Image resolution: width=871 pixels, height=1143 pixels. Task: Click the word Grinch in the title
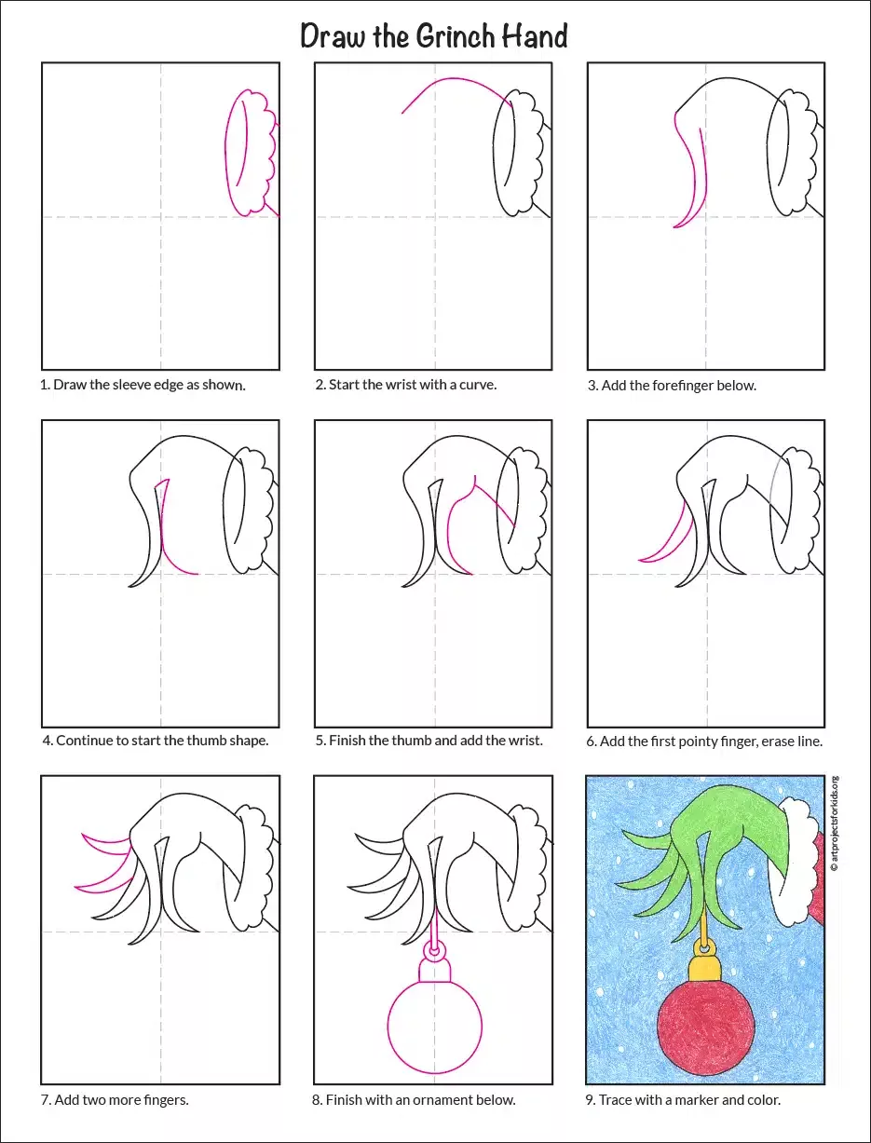(455, 37)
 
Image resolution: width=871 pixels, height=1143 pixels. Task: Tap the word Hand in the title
(535, 36)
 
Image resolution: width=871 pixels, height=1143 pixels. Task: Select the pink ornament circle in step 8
(388, 1026)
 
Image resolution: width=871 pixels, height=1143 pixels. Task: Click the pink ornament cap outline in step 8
(434, 970)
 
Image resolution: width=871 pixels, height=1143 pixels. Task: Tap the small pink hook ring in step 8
(434, 950)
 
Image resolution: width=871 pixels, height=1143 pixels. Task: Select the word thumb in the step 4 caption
(207, 741)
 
